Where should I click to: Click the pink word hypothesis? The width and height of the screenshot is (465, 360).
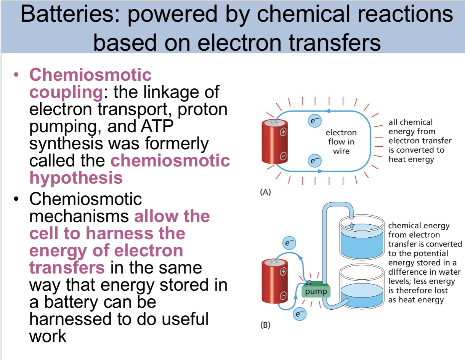pyautogui.click(x=76, y=178)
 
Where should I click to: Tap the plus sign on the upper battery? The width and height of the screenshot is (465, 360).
pyautogui.click(x=283, y=133)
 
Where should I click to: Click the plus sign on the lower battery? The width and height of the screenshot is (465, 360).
pyautogui.click(x=283, y=272)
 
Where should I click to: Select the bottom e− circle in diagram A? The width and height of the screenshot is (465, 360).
pyautogui.click(x=313, y=162)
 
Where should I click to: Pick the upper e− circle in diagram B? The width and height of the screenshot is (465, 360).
pyautogui.click(x=289, y=242)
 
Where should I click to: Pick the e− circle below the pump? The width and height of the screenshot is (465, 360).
pyautogui.click(x=300, y=314)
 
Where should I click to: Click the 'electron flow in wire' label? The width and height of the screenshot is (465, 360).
pyautogui.click(x=341, y=142)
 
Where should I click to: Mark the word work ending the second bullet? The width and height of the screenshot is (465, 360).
pyautogui.click(x=48, y=336)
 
